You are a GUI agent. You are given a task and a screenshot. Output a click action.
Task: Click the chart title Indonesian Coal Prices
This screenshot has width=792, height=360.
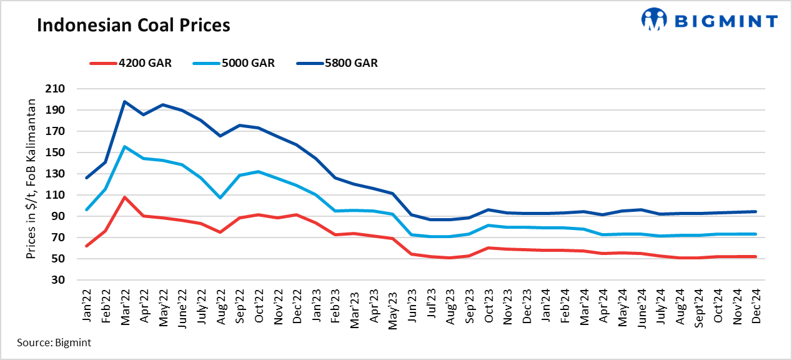tap(134, 26)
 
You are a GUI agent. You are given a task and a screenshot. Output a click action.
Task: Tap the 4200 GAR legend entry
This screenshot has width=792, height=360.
tap(131, 63)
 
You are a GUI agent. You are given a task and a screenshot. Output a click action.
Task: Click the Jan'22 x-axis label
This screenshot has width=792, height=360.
tap(87, 307)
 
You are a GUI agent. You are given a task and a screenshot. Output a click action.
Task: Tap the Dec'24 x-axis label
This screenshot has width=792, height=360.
tap(756, 307)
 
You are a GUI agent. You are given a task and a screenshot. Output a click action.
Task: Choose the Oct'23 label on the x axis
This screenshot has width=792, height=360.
tap(488, 307)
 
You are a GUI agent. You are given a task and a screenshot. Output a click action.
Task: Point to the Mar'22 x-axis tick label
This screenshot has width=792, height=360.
tap(126, 307)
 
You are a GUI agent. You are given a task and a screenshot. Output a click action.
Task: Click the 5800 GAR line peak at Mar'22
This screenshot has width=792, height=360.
tap(125, 101)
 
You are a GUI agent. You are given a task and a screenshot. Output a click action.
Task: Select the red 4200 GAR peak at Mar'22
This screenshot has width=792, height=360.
tap(125, 197)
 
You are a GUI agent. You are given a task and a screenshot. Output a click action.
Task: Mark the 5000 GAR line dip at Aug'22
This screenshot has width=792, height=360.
tap(220, 197)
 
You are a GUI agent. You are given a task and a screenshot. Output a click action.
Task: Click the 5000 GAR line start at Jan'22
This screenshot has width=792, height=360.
tap(87, 209)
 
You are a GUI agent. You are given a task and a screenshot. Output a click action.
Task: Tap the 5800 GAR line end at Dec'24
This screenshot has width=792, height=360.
tap(756, 211)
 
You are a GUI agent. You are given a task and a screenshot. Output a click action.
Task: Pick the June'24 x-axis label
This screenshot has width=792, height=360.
tap(641, 306)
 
